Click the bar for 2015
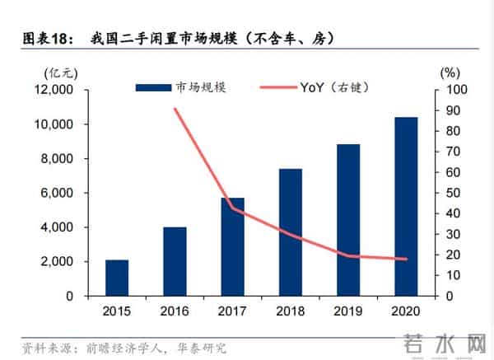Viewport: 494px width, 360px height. (x=117, y=278)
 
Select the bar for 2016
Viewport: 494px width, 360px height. (x=175, y=261)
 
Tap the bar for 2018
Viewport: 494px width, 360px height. (x=290, y=232)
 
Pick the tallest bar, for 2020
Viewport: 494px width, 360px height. (x=405, y=206)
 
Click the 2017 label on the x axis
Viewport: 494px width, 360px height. (x=232, y=311)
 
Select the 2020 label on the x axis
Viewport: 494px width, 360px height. (x=405, y=311)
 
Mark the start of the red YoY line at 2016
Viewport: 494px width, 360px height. (x=175, y=109)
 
